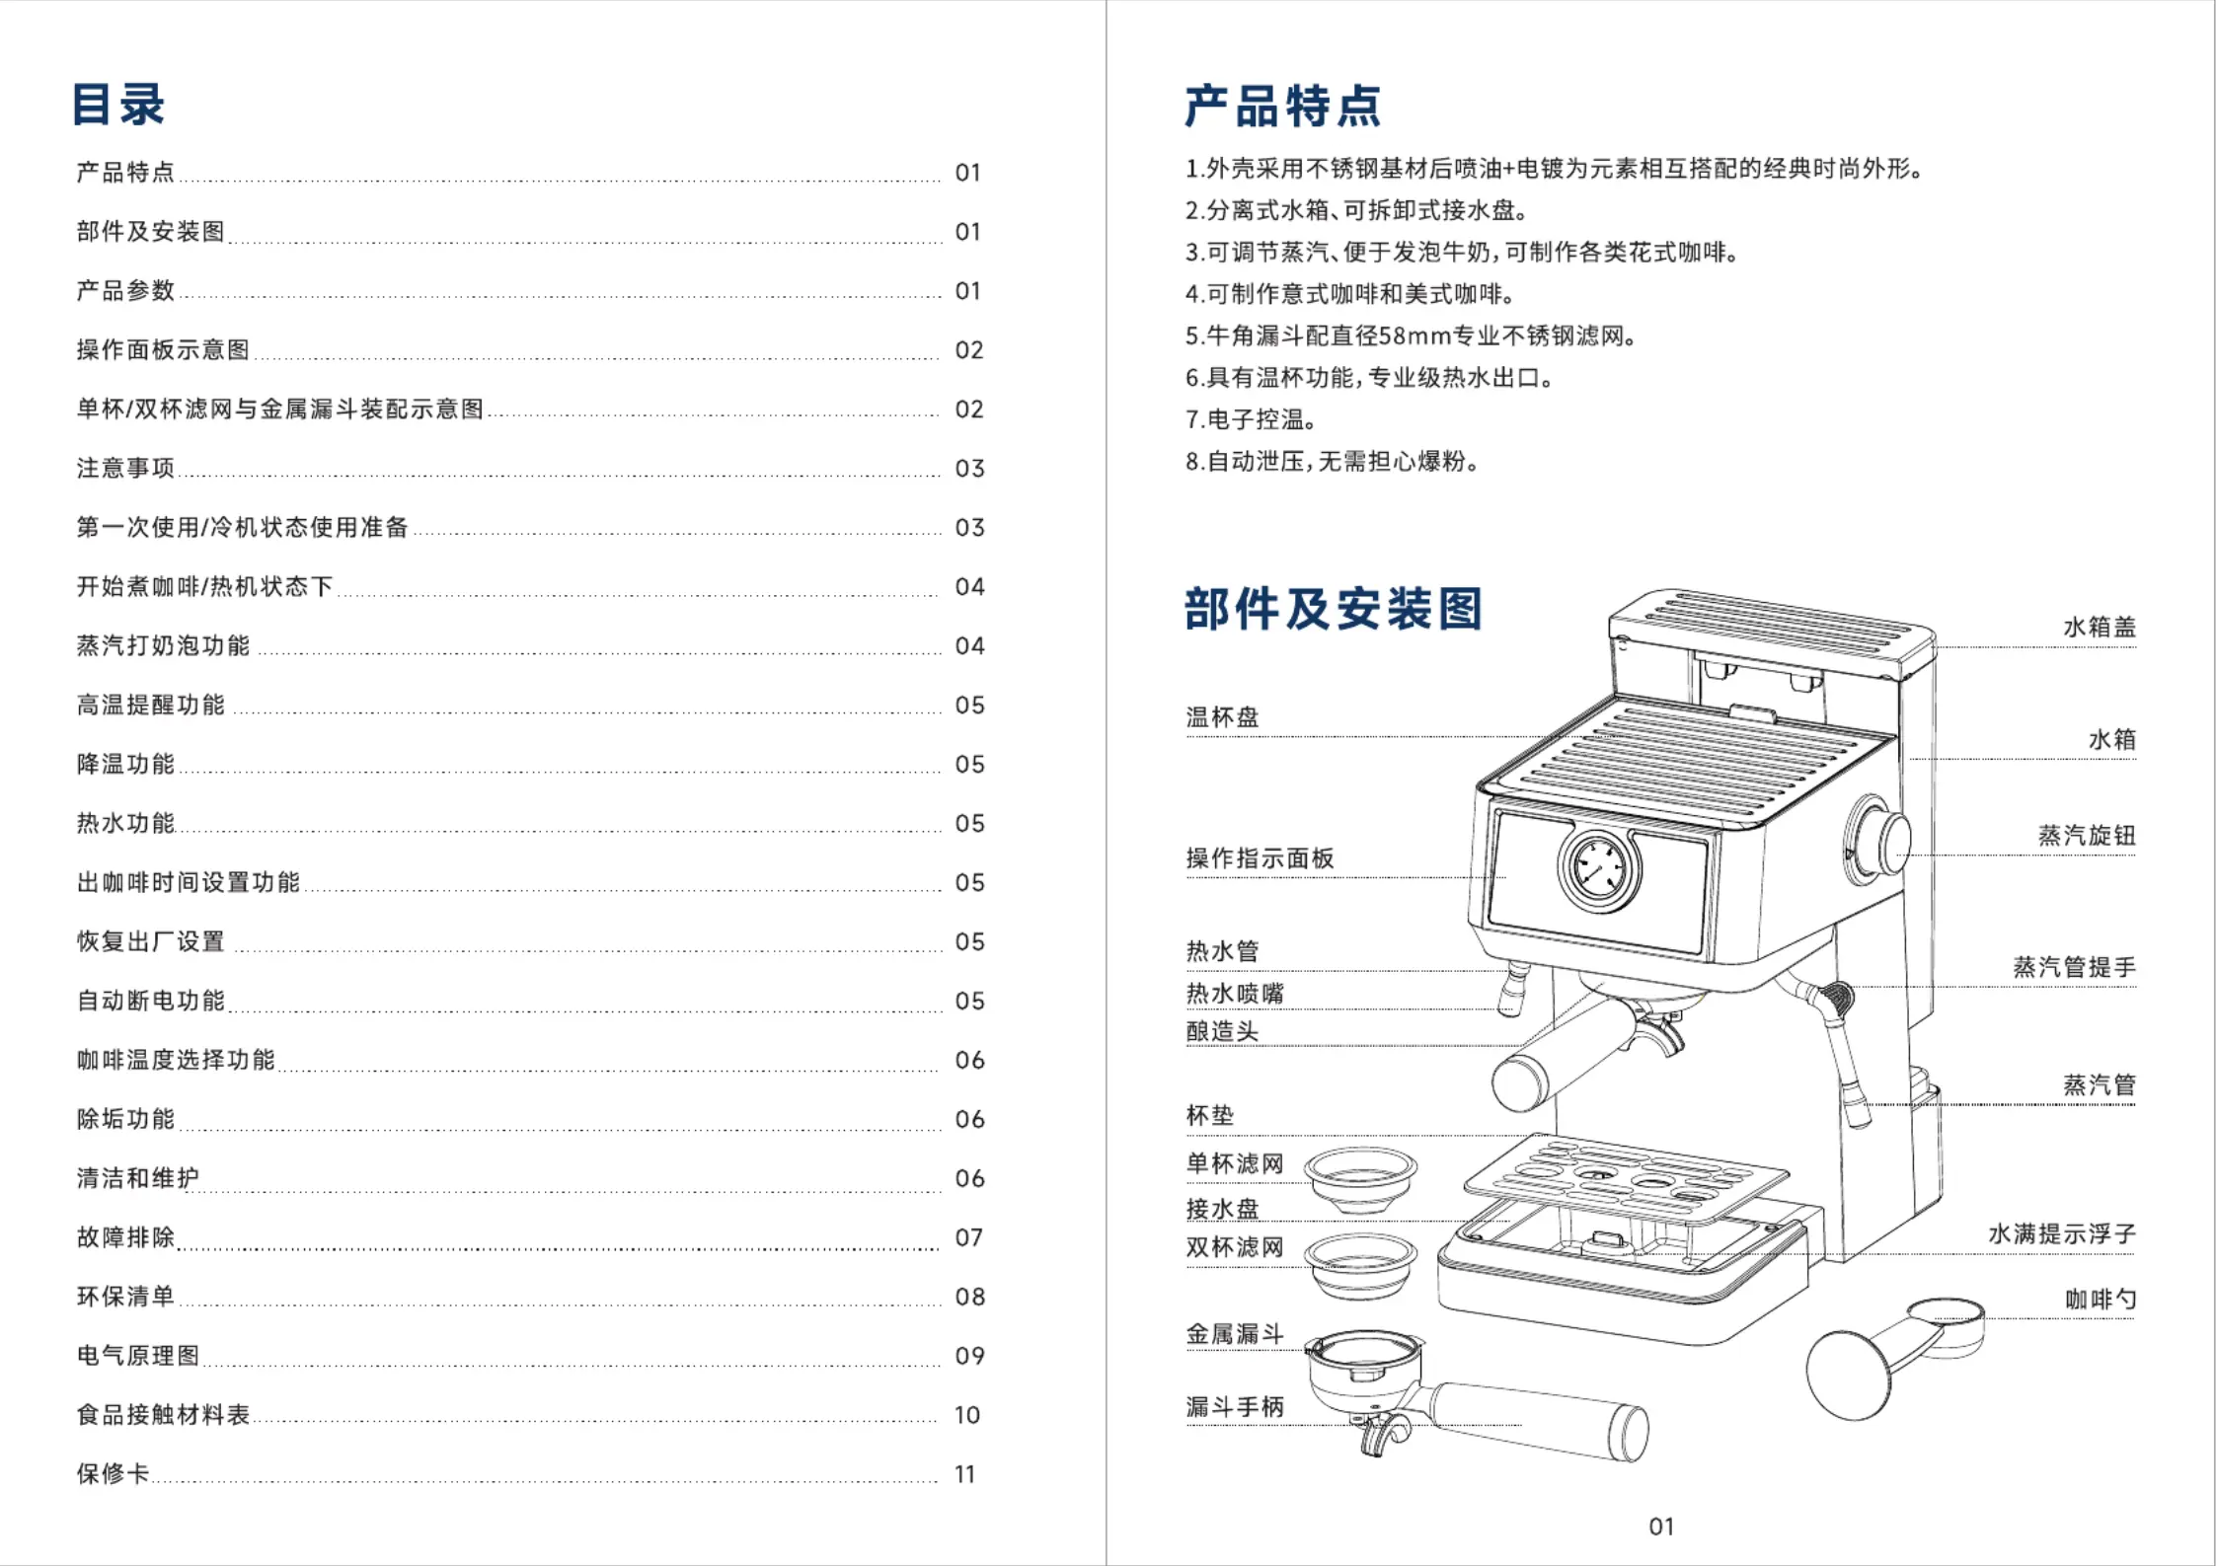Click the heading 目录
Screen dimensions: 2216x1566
(x=118, y=105)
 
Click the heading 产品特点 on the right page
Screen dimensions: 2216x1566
(x=1282, y=107)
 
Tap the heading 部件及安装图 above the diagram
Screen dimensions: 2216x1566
(x=1333, y=609)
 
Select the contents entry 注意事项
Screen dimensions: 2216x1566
(x=125, y=468)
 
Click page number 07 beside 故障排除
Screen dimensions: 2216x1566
(x=969, y=1237)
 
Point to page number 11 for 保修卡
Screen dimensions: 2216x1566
(x=965, y=1474)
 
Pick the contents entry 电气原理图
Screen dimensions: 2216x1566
(x=138, y=1356)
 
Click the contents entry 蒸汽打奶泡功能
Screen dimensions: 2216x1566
(x=163, y=645)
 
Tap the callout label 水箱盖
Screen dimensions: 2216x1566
(x=2100, y=627)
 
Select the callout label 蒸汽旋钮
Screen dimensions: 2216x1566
(x=2087, y=836)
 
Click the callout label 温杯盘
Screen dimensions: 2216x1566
(x=1222, y=717)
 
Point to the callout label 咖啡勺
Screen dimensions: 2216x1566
(x=2101, y=1300)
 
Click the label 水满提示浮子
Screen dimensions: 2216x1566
(x=2062, y=1233)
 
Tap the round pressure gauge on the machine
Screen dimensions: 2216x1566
(x=1599, y=868)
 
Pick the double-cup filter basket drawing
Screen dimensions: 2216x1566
(x=1360, y=1267)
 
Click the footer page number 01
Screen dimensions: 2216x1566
(x=1661, y=1527)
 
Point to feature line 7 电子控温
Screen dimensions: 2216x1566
(x=1251, y=419)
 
